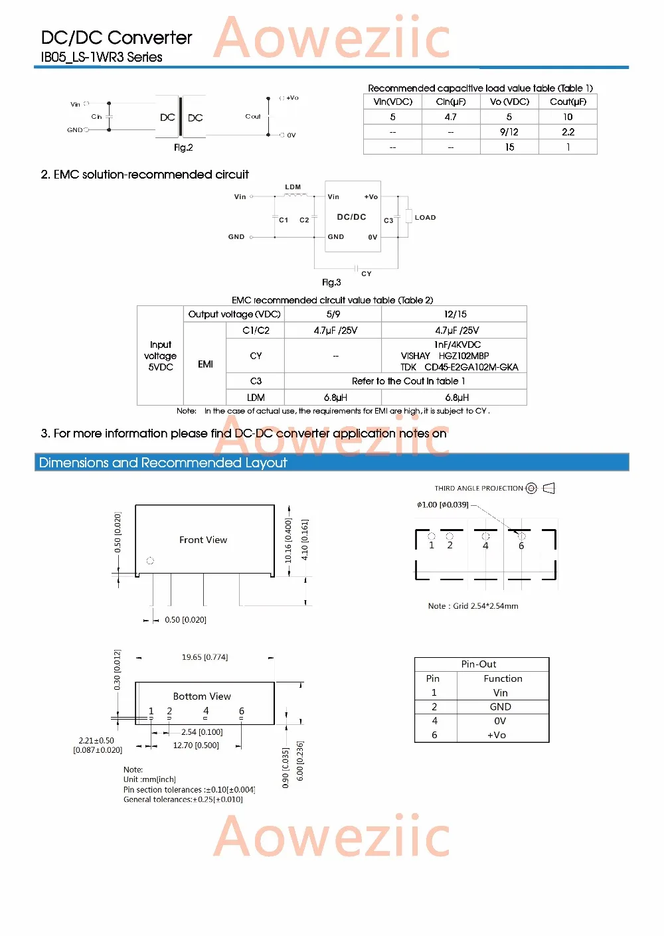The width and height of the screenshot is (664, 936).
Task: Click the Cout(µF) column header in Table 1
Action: [568, 102]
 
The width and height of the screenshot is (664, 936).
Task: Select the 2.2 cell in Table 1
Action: [568, 132]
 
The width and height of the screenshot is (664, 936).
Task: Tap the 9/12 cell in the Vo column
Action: [509, 132]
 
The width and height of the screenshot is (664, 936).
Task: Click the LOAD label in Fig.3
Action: [425, 217]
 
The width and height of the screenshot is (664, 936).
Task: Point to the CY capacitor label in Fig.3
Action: [367, 273]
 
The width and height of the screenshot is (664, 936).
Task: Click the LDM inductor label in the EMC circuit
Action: [293, 187]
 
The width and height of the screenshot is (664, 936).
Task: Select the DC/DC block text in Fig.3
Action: [351, 217]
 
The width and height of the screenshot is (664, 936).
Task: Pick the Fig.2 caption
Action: [183, 147]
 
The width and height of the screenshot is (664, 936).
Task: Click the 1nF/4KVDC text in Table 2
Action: [457, 345]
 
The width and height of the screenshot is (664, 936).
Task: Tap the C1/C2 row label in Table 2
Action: [256, 330]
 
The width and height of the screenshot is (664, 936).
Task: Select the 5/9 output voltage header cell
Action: [333, 314]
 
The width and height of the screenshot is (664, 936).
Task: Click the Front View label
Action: [203, 540]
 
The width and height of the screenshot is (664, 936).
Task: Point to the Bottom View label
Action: [202, 696]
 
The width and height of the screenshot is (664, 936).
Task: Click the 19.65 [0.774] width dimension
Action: [205, 657]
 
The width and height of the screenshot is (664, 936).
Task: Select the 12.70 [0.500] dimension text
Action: [196, 745]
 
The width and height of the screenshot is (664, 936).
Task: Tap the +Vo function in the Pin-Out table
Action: [497, 735]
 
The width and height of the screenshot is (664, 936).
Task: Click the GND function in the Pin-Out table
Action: [501, 707]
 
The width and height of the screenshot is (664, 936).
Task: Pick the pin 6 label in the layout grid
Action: [521, 546]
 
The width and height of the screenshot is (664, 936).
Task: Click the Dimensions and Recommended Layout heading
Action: [163, 463]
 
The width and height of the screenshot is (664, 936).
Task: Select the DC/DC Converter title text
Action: [117, 38]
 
